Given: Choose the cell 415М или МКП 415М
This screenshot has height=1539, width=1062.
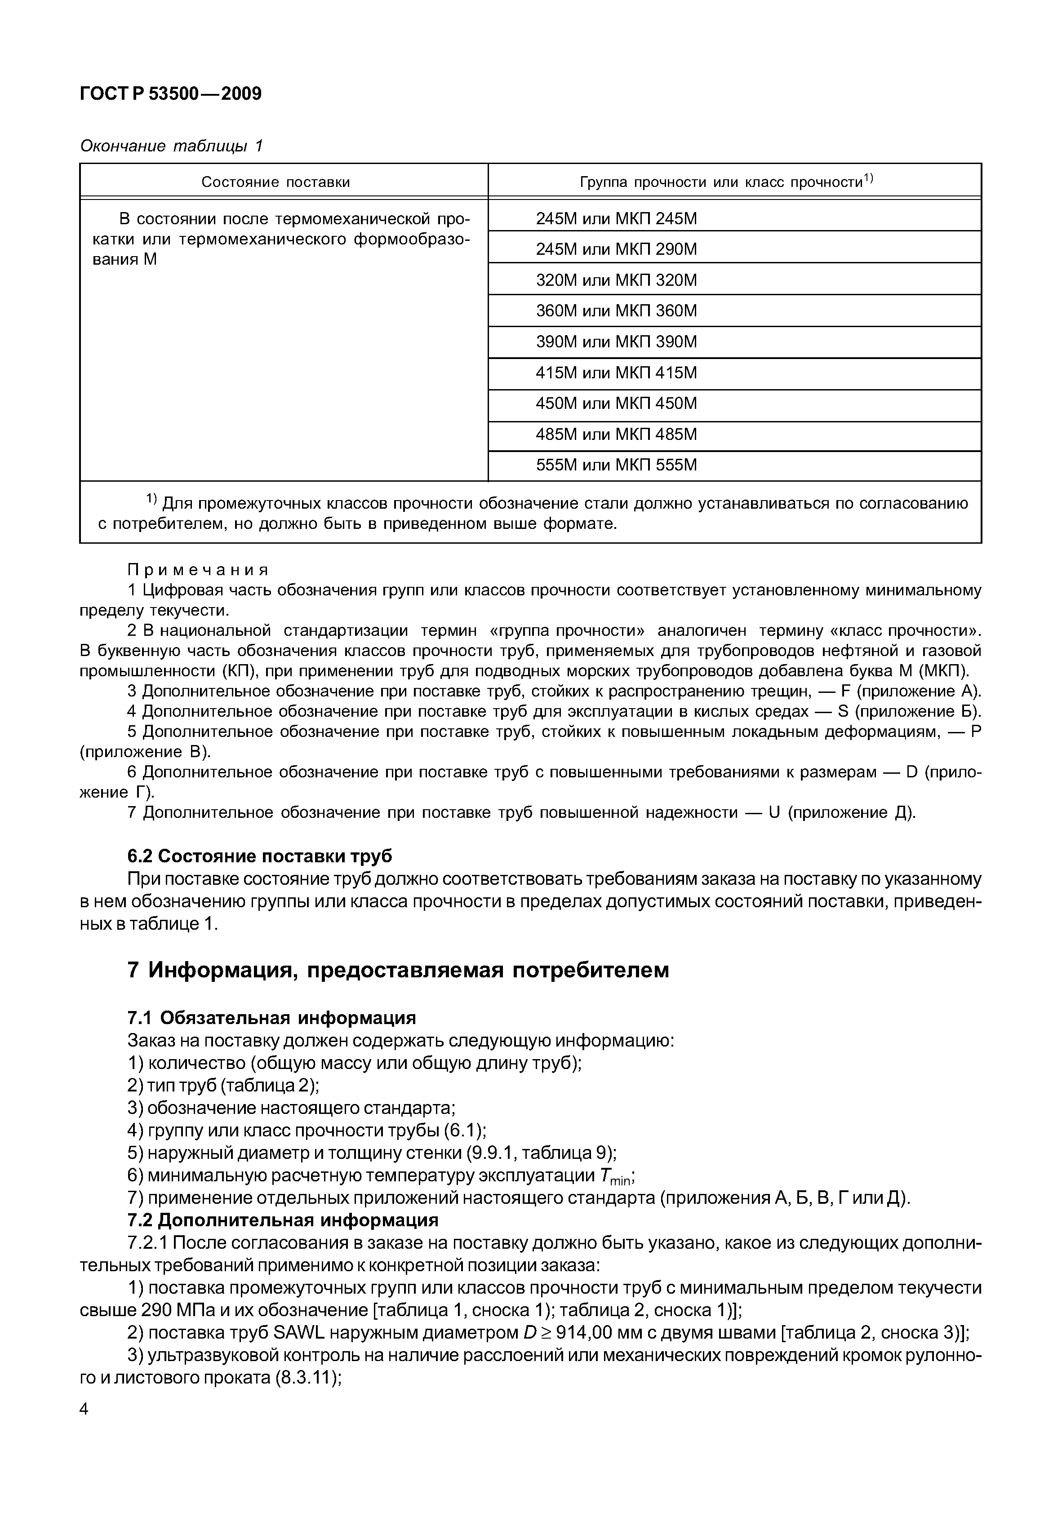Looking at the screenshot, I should click(616, 373).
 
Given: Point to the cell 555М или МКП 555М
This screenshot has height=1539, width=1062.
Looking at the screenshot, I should click(616, 465).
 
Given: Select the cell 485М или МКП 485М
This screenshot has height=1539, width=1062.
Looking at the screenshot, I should click(616, 435).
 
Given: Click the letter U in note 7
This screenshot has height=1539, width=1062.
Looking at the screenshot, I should click(774, 813).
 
